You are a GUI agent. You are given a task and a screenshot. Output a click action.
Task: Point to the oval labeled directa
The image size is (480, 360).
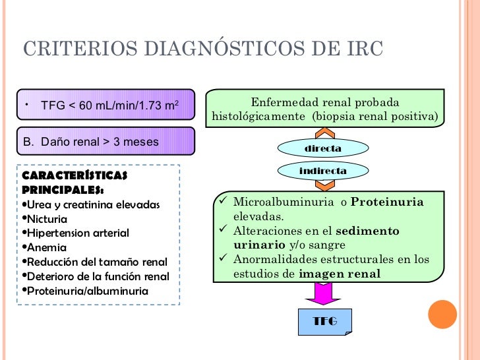[322, 148]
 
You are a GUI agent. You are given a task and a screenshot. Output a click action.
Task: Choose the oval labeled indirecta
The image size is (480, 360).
[322, 171]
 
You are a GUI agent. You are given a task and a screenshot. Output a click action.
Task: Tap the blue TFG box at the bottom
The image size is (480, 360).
[324, 321]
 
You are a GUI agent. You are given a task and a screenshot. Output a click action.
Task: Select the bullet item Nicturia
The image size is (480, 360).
[47, 218]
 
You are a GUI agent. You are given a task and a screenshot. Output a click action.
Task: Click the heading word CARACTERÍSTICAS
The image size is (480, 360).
[75, 176]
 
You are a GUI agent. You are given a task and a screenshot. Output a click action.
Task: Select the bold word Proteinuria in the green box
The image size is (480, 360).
[387, 202]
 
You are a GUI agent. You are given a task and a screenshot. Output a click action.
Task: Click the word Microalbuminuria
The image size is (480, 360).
[284, 202]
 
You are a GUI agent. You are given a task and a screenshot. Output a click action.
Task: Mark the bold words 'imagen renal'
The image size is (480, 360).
[340, 274]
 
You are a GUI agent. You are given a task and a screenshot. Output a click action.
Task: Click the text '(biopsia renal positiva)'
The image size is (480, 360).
[375, 117]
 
